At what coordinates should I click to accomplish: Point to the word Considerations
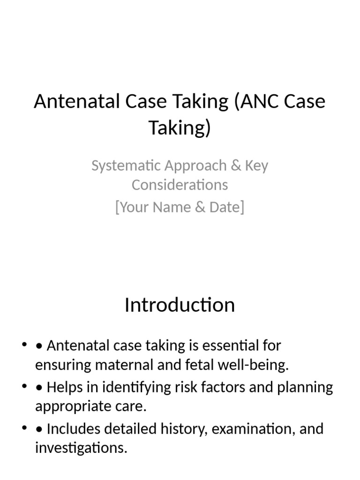(x=180, y=185)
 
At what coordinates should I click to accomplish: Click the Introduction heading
(x=180, y=305)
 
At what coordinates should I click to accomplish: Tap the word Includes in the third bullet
(x=74, y=429)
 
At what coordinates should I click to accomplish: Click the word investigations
(x=81, y=448)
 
